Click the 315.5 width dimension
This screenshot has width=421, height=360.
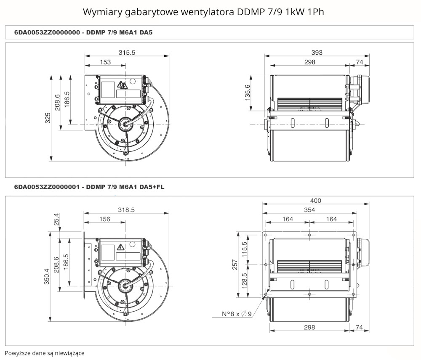[x=127, y=52]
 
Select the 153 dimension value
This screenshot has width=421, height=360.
[x=105, y=62]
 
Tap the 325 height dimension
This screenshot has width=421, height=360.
[x=48, y=118]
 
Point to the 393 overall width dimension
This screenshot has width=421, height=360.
[x=317, y=52]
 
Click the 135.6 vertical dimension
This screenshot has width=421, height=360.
[x=247, y=93]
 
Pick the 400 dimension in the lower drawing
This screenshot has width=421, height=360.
[x=315, y=200]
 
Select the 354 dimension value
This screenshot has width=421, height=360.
[x=309, y=210]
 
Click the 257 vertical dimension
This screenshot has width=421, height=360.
[x=235, y=265]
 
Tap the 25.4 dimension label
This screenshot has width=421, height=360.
[x=56, y=220]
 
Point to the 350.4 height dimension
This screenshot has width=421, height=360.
[x=47, y=276]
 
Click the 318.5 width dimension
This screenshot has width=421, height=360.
[x=126, y=210]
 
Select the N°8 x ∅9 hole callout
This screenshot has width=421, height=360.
[x=237, y=314]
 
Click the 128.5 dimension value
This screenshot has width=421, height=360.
[x=244, y=281]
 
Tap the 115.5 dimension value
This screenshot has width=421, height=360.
[x=244, y=249]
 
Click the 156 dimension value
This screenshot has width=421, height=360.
[x=105, y=219]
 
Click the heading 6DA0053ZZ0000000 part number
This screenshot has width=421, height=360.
[x=47, y=32]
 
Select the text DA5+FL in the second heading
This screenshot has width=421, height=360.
[x=152, y=187]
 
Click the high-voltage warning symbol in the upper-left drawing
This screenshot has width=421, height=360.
[x=122, y=85]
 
